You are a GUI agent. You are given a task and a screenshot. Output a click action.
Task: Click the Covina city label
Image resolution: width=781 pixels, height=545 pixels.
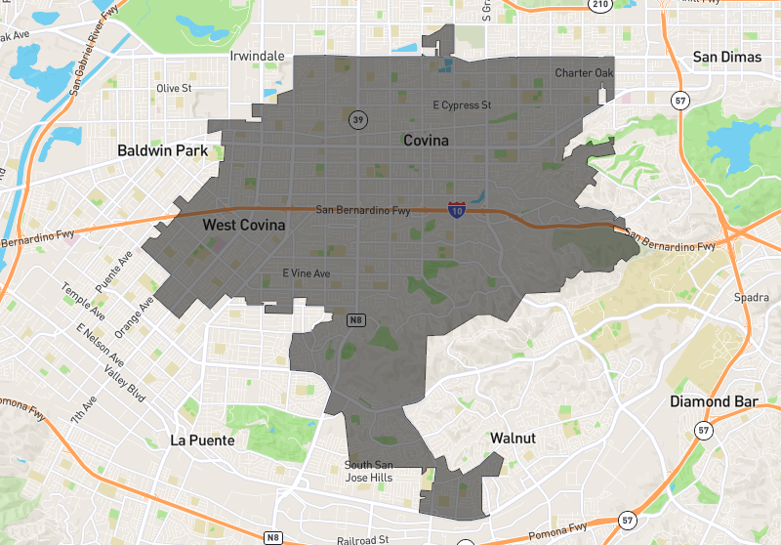pyautogui.click(x=426, y=141)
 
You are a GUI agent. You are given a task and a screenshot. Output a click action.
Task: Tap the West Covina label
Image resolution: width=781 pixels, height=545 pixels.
pyautogui.click(x=244, y=226)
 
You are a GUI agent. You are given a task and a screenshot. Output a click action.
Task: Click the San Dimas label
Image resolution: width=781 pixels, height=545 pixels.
pyautogui.click(x=726, y=57)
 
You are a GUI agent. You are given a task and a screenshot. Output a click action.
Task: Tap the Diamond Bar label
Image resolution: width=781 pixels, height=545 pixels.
pyautogui.click(x=714, y=401)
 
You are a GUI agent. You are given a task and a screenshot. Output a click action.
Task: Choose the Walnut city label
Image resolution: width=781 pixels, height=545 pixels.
pyautogui.click(x=513, y=438)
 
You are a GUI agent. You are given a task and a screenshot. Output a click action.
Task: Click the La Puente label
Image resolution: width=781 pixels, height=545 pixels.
pyautogui.click(x=202, y=440)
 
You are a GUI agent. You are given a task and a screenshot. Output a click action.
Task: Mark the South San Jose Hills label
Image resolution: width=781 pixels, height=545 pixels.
pyautogui.click(x=369, y=471)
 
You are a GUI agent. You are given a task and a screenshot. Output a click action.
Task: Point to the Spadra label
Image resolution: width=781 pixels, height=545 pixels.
pyautogui.click(x=752, y=297)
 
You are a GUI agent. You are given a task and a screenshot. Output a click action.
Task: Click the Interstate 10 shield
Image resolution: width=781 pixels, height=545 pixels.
pyautogui.click(x=456, y=209)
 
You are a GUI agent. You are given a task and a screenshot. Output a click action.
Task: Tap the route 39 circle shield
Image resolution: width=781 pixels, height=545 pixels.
pyautogui.click(x=358, y=119)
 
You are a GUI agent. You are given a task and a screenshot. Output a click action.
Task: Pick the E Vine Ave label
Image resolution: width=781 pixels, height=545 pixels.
pyautogui.click(x=307, y=272)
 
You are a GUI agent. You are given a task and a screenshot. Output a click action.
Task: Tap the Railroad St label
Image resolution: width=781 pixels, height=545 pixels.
pyautogui.click(x=362, y=538)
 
